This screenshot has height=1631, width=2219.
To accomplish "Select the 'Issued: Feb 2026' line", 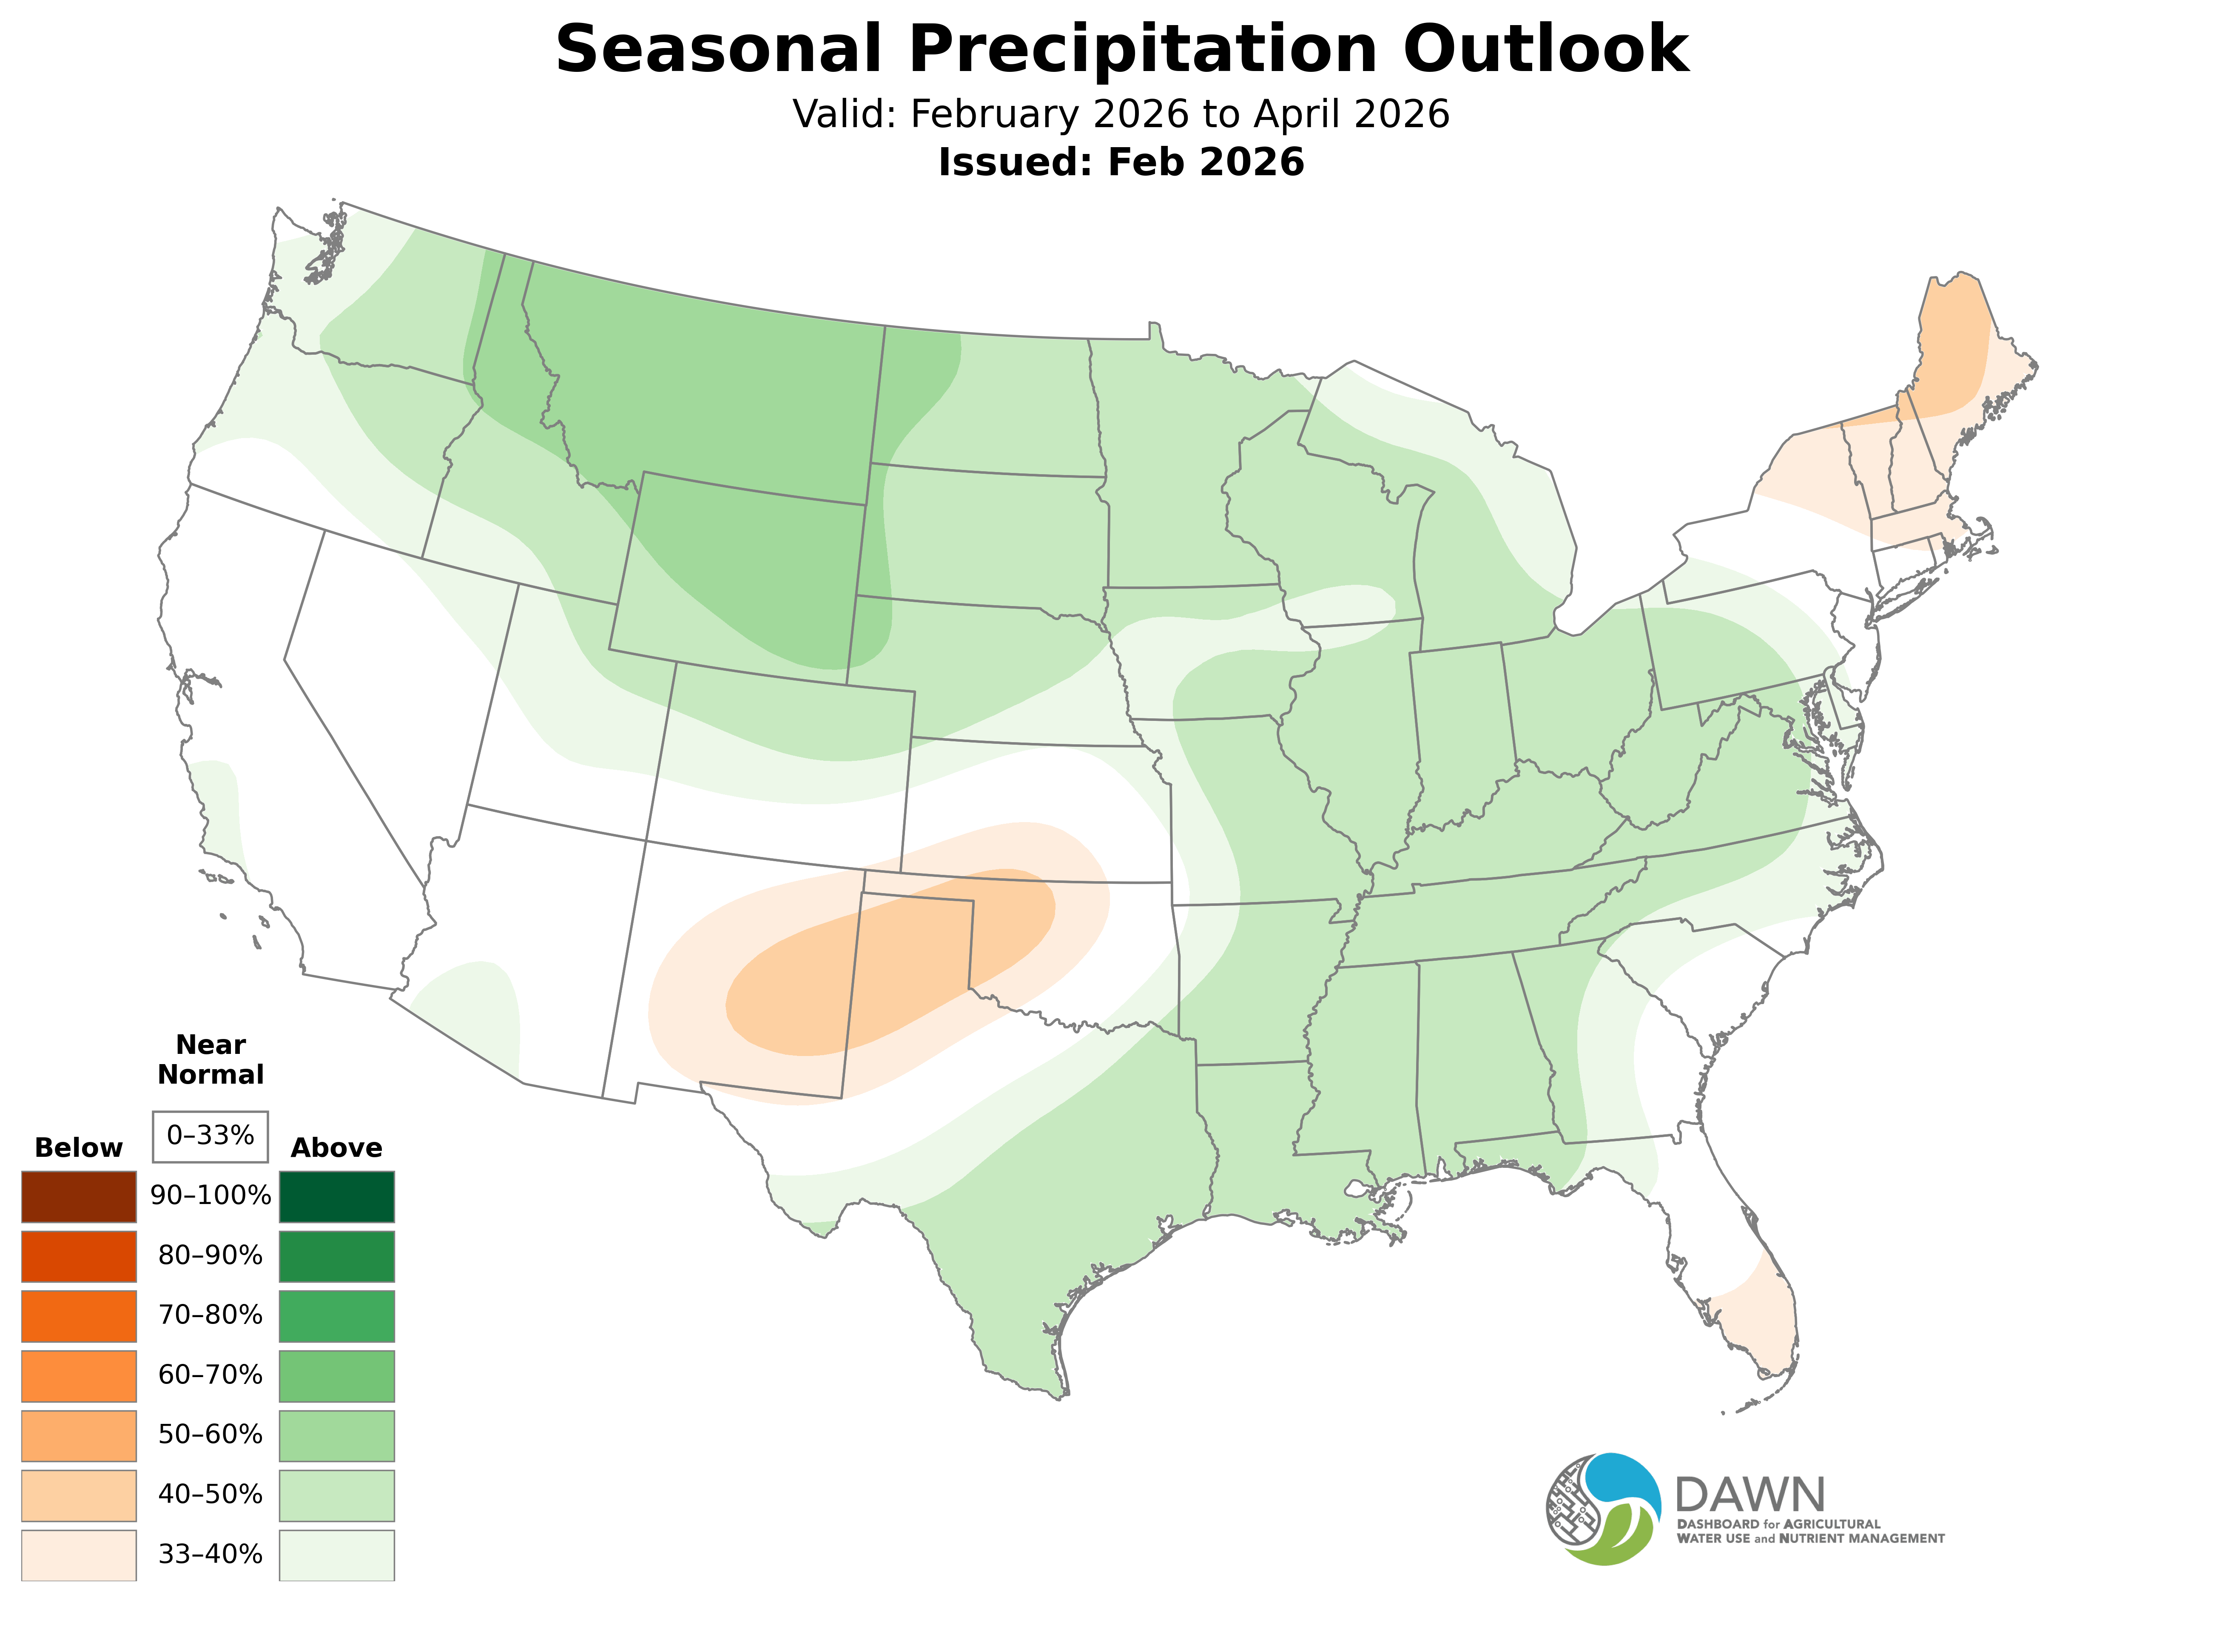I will click(x=1121, y=162).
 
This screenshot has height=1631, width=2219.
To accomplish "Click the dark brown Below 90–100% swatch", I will click(x=79, y=1197).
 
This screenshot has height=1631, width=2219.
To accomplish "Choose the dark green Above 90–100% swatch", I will click(x=337, y=1197).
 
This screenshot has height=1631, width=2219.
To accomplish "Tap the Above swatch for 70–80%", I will click(x=337, y=1316).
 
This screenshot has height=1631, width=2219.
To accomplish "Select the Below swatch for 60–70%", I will click(x=79, y=1375).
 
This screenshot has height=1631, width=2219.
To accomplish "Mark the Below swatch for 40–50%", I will click(x=79, y=1495).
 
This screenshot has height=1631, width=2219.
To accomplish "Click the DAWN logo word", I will click(x=1749, y=1496).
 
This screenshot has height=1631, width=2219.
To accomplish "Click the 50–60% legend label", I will click(x=210, y=1435).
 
